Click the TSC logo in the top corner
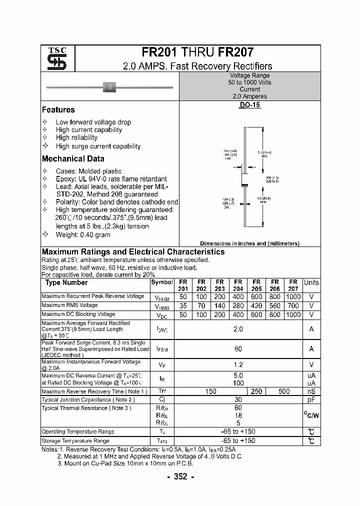(x=53, y=59)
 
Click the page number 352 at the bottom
(x=179, y=476)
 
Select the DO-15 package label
(x=250, y=105)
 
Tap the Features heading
(x=58, y=109)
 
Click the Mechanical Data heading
(x=73, y=158)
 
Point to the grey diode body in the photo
(x=109, y=87)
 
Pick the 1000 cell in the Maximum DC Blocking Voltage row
(x=293, y=314)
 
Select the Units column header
(x=311, y=282)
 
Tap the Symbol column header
(x=161, y=282)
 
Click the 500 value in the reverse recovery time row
(x=283, y=391)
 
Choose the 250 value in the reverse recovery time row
(x=256, y=391)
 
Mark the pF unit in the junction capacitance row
(x=311, y=400)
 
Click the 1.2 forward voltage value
(x=238, y=365)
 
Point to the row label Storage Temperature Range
(x=75, y=441)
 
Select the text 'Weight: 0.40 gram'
(x=83, y=234)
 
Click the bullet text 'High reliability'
(x=76, y=137)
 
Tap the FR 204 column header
(x=238, y=285)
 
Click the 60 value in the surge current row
(x=238, y=348)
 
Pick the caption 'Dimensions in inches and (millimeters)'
(x=249, y=243)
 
